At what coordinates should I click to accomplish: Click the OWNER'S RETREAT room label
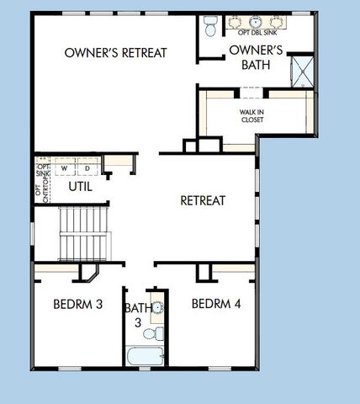pos(116,52)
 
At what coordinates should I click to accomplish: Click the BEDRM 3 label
pos(77,303)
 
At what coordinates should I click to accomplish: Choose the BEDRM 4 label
pos(216,303)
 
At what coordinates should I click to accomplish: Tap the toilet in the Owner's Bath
pos(210,25)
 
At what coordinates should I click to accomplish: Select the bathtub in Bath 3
pos(145,357)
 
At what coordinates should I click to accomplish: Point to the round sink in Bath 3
pos(157,307)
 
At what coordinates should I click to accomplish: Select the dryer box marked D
pos(87,167)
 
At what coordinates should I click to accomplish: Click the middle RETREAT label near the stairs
pos(203,200)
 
